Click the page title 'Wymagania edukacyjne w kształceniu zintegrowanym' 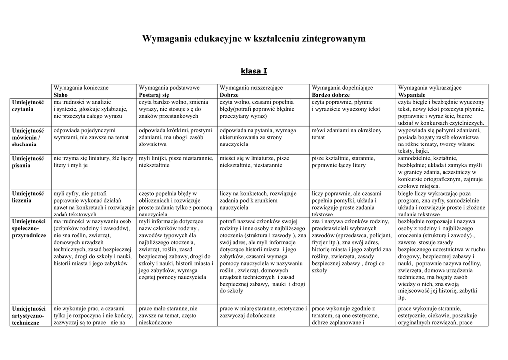(254, 38)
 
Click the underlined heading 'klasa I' (254, 71)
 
